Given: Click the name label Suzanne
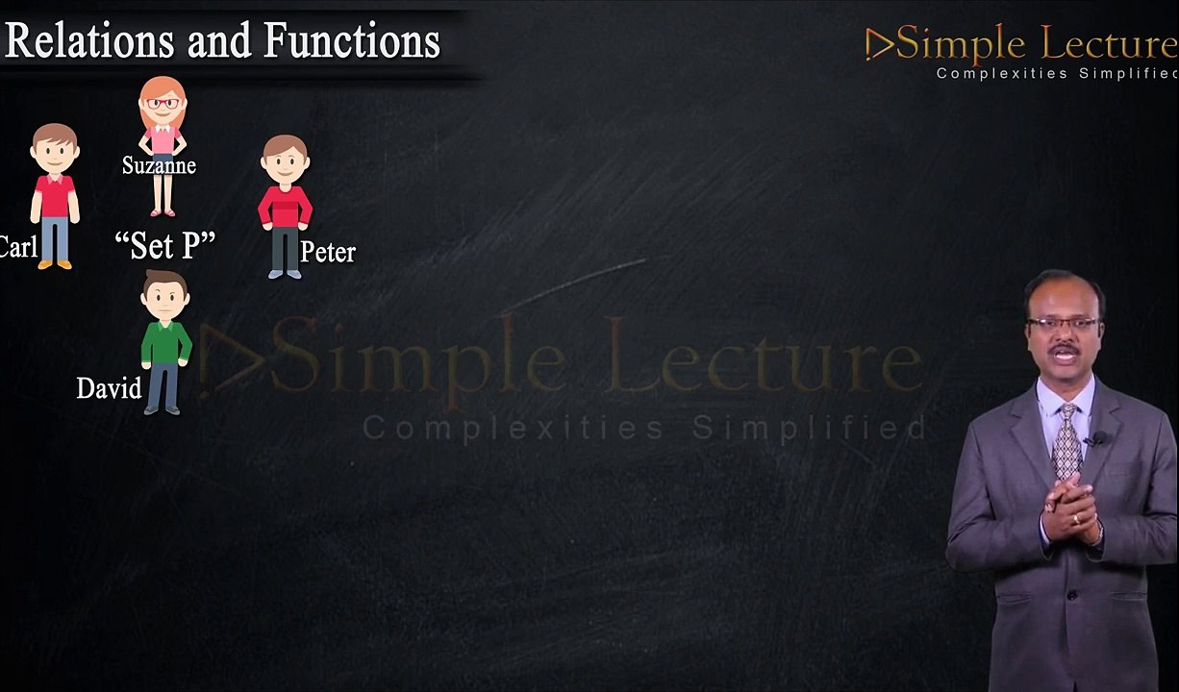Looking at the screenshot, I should click(x=159, y=166).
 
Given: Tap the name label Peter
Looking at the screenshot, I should click(x=328, y=253).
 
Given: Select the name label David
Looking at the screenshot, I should click(x=109, y=389).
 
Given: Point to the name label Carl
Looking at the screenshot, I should click(x=18, y=248).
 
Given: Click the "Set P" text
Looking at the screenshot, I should click(x=165, y=246).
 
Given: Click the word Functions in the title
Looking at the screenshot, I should click(x=352, y=41).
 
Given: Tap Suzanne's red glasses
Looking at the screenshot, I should click(x=162, y=104).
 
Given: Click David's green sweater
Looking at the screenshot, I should click(x=165, y=342).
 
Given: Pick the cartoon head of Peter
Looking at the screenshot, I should click(x=285, y=161).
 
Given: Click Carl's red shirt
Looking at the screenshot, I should click(x=55, y=196).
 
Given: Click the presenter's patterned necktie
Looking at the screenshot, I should click(x=1066, y=441).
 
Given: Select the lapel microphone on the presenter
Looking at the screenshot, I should click(x=1097, y=439).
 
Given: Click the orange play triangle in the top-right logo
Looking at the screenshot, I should click(x=880, y=44).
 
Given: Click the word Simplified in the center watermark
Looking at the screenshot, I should click(x=809, y=427).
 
